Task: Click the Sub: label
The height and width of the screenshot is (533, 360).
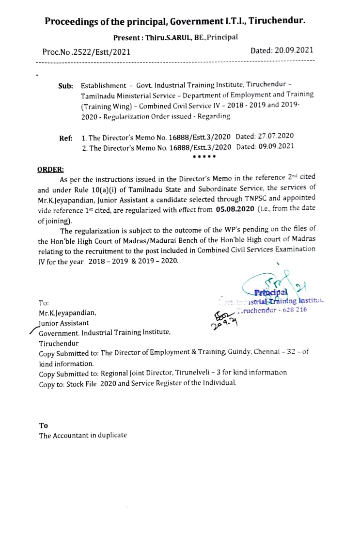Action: (65, 86)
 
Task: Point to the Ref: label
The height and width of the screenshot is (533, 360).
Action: (66, 138)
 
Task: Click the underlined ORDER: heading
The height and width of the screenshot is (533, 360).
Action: (50, 169)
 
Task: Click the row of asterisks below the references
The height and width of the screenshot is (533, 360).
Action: (204, 157)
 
